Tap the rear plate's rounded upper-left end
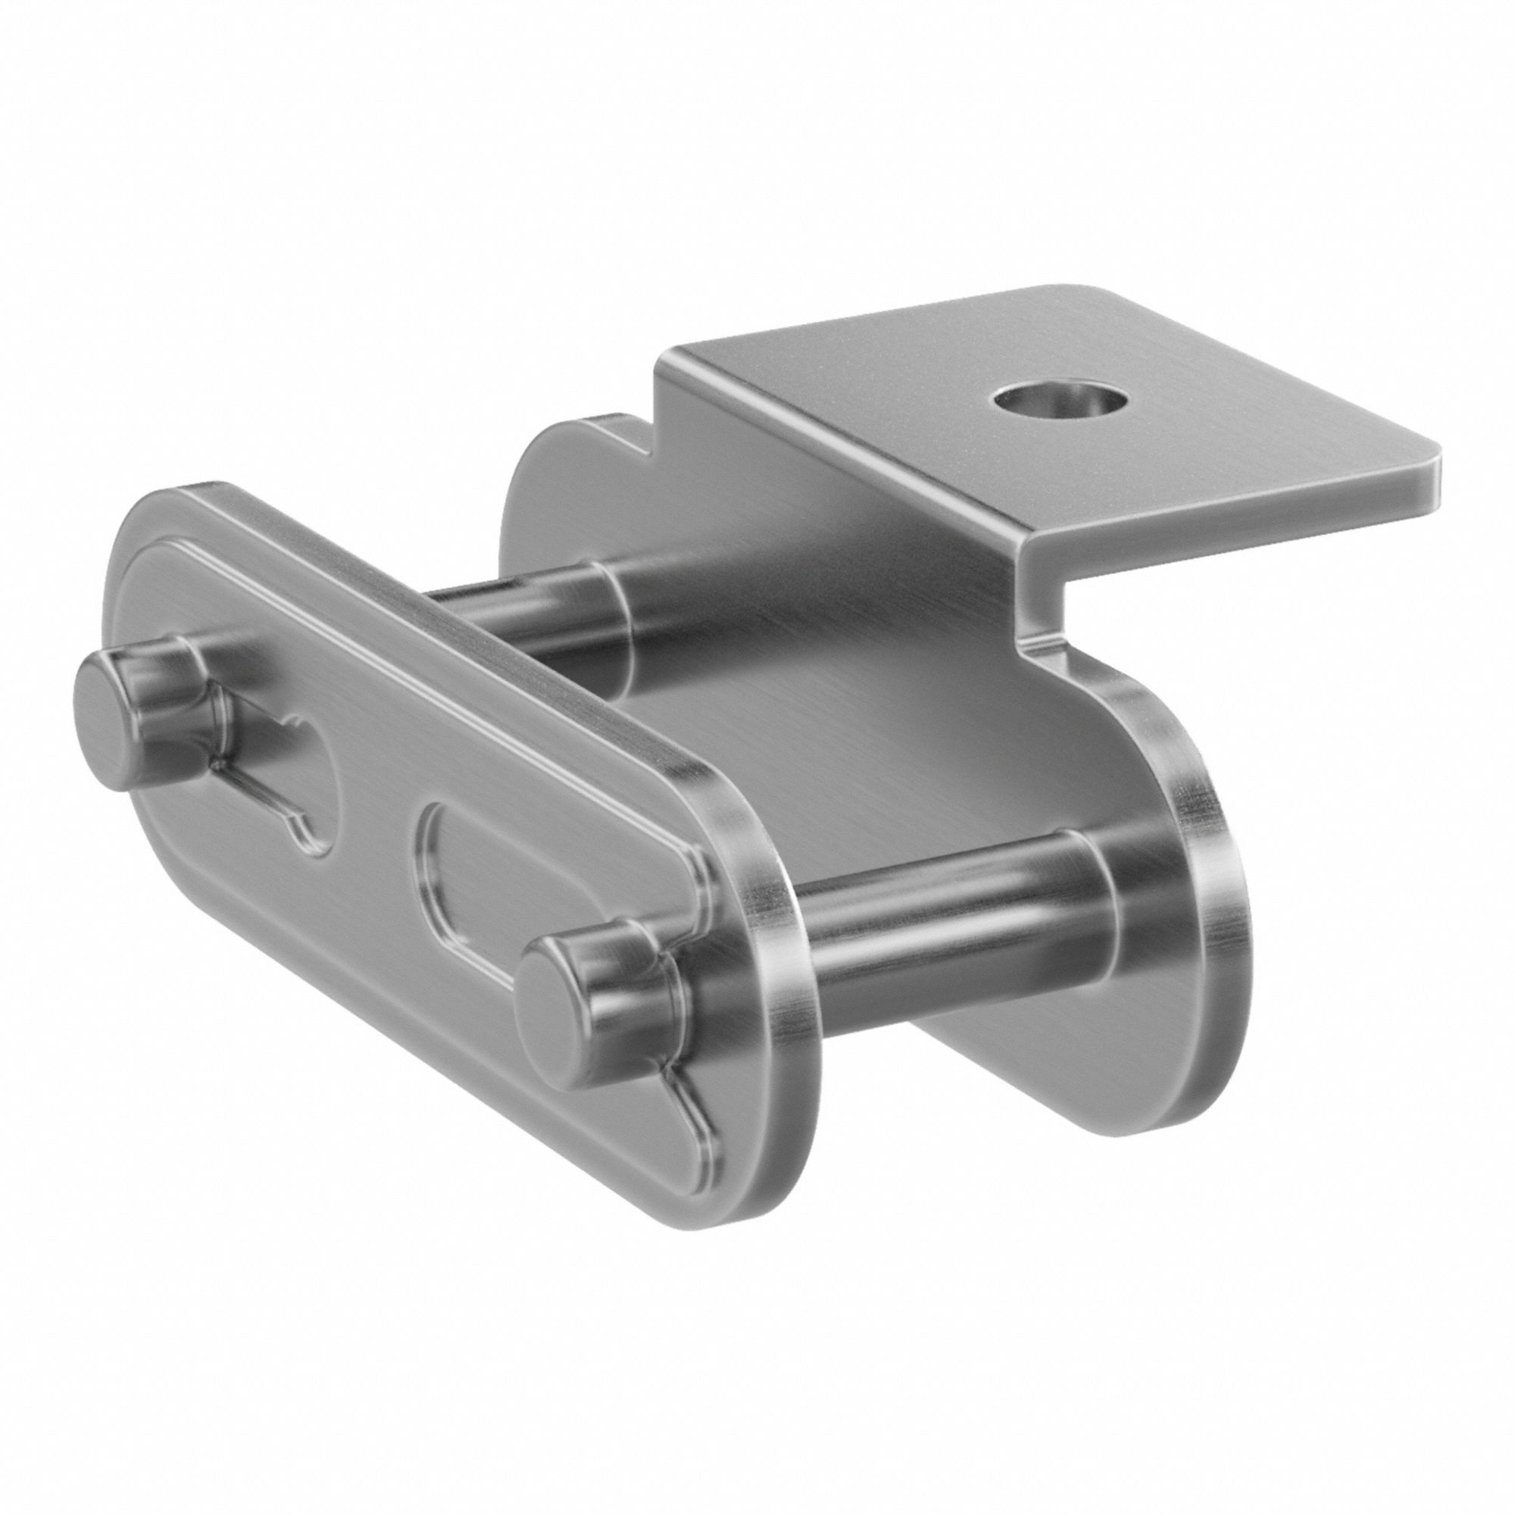click(541, 463)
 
